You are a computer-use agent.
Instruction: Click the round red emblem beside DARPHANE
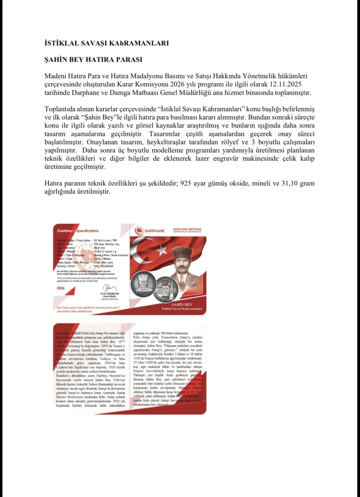coord(139,230)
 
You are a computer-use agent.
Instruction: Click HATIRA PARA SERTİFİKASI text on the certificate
coord(186,229)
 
